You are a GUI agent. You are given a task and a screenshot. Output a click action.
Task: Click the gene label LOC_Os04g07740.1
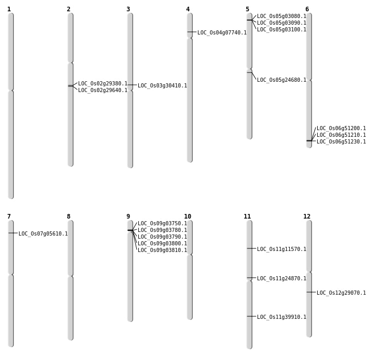222,32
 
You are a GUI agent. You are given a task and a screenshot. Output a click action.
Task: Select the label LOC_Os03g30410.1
162,85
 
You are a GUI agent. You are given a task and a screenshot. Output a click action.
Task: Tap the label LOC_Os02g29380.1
102,83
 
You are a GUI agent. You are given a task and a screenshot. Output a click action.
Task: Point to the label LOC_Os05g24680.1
281,80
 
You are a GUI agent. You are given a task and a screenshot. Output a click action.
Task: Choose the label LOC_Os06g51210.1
341,135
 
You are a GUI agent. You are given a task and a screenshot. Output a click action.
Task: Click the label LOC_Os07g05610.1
43,233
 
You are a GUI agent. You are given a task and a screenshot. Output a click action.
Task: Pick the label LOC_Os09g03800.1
162,243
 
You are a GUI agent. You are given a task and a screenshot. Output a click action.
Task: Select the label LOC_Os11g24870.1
281,278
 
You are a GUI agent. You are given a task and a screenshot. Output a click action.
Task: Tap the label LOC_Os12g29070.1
341,293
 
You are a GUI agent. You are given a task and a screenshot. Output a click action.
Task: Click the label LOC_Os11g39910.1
281,317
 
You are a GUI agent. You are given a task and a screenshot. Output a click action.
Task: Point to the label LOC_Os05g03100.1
281,29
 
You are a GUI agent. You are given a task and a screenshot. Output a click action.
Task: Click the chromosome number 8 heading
68,217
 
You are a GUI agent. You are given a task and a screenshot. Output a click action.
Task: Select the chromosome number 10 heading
188,217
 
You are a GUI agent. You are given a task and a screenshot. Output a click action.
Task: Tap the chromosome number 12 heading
307,217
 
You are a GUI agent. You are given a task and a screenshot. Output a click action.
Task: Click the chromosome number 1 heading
9,9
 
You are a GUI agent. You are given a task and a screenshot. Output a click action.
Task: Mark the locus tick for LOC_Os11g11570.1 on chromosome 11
249,248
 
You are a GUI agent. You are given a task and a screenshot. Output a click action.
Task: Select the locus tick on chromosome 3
130,85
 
